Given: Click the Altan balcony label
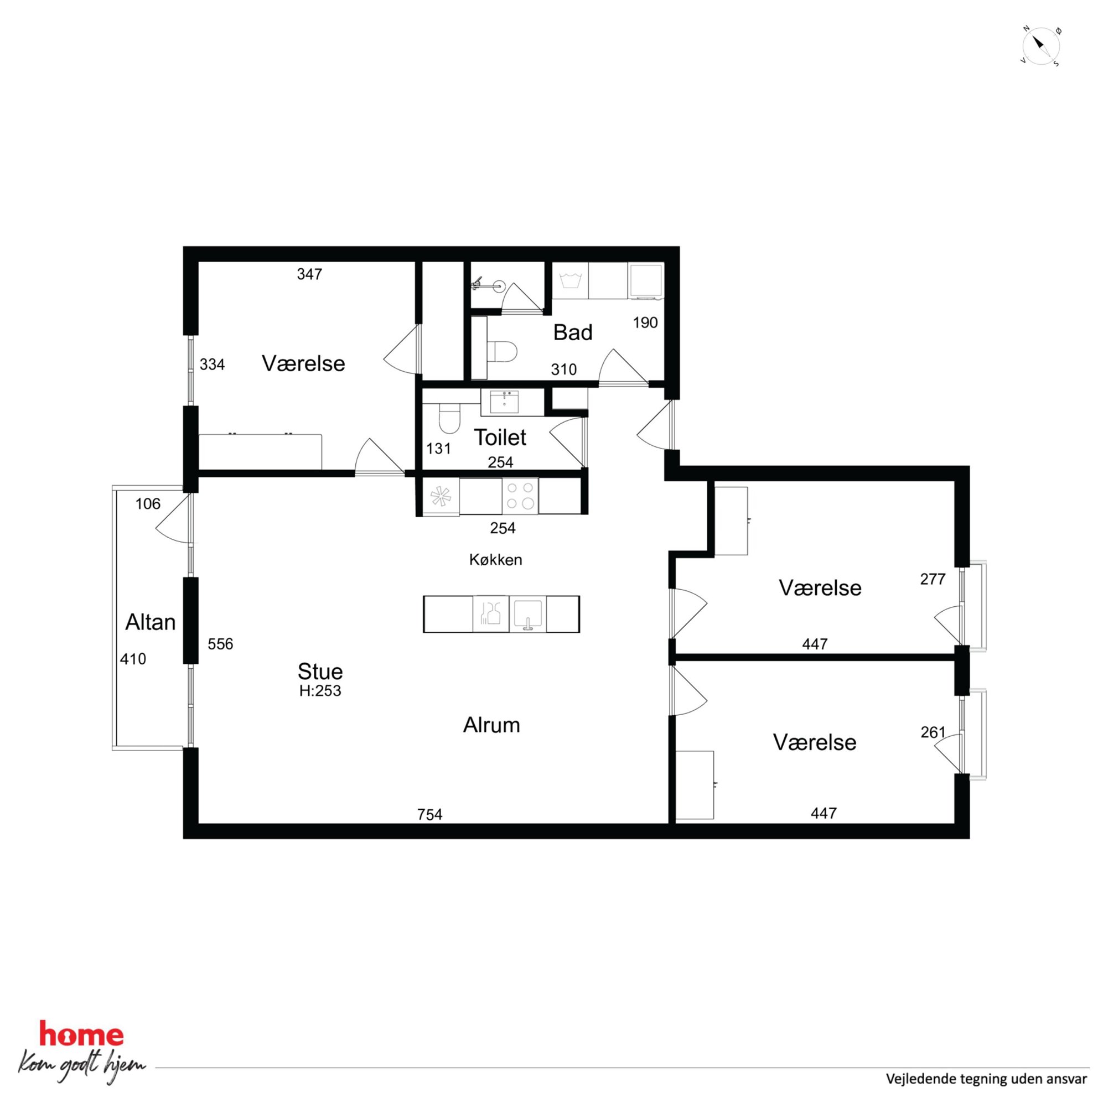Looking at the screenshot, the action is (150, 622).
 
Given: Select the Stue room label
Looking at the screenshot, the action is (320, 672).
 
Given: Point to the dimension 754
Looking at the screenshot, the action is (430, 815).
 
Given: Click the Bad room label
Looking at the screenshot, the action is (573, 332).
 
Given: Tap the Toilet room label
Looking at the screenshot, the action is (500, 438).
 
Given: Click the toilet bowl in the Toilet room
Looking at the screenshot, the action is (449, 419).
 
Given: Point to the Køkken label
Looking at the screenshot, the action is (496, 560).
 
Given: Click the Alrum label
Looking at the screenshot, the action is (491, 725).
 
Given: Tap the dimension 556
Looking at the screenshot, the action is (220, 644).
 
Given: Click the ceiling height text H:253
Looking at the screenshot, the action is (320, 690).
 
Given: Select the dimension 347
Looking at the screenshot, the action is (309, 274).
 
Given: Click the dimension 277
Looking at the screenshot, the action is (933, 579).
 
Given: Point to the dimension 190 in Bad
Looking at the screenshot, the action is (645, 323).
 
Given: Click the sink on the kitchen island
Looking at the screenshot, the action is (527, 614).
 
